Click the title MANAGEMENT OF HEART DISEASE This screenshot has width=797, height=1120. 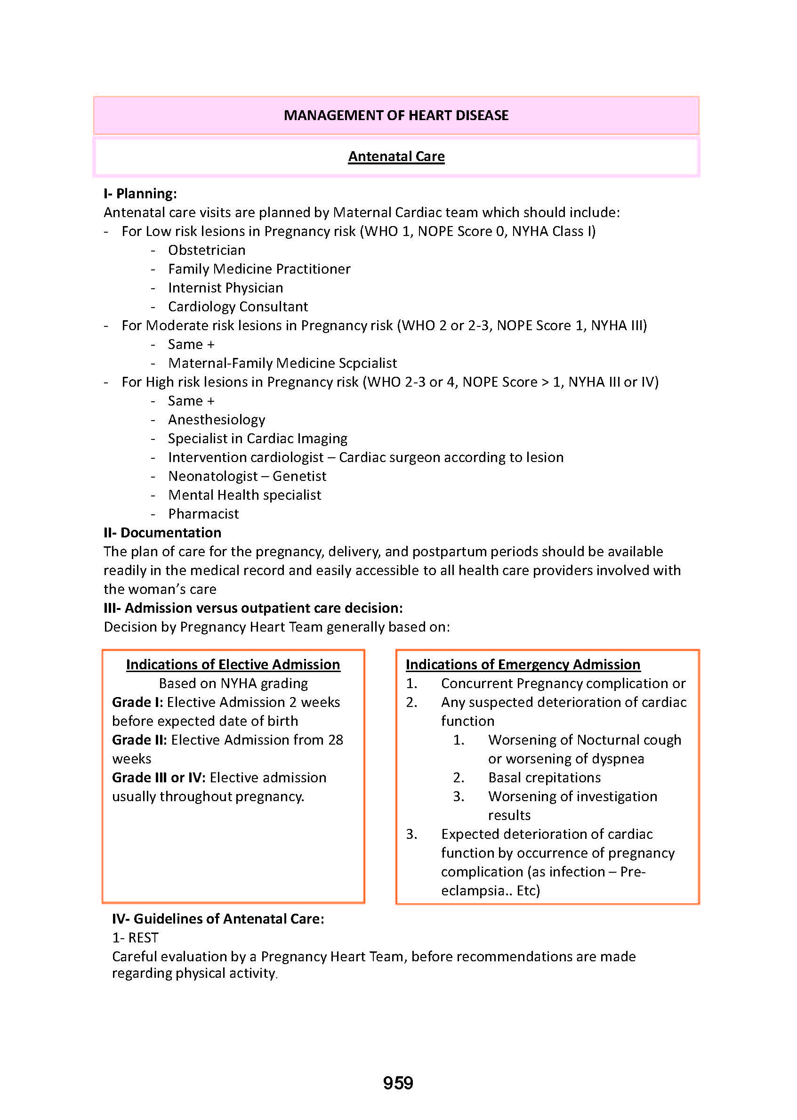coord(396,115)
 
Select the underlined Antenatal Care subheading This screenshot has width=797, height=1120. coord(396,157)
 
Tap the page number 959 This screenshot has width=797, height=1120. coord(398,1083)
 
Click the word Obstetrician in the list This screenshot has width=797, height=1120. coord(207,251)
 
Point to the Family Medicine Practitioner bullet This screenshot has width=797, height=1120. coord(259,269)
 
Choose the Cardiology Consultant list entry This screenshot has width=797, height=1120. coord(238,307)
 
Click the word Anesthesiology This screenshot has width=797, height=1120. coord(217,420)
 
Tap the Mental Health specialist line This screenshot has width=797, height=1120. coord(244,495)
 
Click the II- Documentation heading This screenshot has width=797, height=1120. coord(162,533)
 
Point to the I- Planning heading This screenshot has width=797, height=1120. coord(140,194)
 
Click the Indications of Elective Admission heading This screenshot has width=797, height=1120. coord(233,665)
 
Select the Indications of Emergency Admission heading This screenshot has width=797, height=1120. coord(523,665)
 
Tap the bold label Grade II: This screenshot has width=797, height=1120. coord(139,740)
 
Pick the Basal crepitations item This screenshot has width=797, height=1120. coord(544,778)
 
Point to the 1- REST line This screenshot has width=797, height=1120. coord(136,938)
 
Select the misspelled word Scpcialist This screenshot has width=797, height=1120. coord(366,363)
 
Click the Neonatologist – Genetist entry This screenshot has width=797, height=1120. coord(247,476)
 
